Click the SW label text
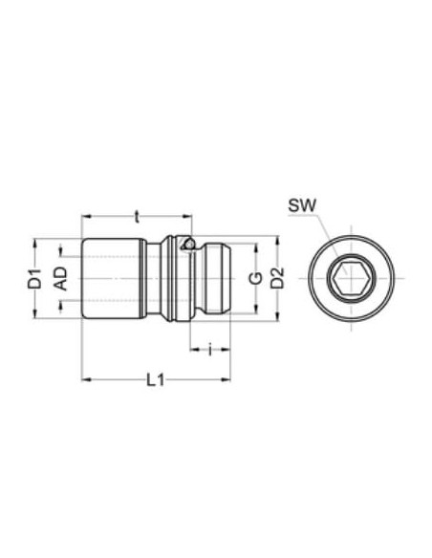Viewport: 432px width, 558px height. [x=302, y=205]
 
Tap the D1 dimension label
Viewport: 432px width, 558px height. [x=35, y=279]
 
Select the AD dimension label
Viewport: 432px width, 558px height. [x=61, y=279]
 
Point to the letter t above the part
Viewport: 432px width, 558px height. [x=137, y=216]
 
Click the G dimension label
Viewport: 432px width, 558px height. [x=255, y=278]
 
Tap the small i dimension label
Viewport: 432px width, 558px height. [x=210, y=349]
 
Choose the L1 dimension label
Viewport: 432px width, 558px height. [x=156, y=380]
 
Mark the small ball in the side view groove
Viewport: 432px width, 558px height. [x=189, y=244]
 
